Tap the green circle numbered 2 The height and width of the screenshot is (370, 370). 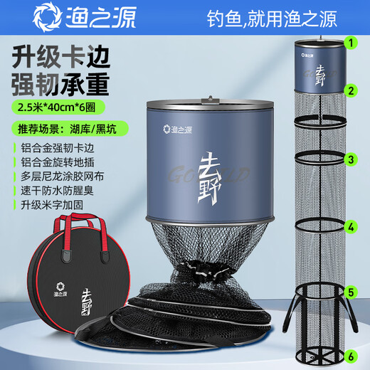[350, 90]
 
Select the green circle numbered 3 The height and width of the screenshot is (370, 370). [350, 159]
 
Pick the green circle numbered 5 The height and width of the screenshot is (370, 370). [350, 291]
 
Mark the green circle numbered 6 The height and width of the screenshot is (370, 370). [350, 356]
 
